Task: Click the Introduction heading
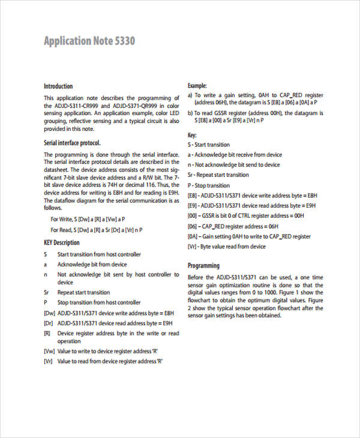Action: pyautogui.click(x=58, y=86)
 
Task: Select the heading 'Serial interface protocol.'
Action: pyautogui.click(x=72, y=143)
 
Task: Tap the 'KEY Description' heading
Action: pyautogui.click(x=61, y=242)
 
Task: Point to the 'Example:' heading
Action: pyautogui.click(x=197, y=86)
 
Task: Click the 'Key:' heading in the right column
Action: pyautogui.click(x=192, y=135)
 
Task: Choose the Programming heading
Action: pyautogui.click(x=204, y=265)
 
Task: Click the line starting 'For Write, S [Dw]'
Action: pyautogui.click(x=88, y=219)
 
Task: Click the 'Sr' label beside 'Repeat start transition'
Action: pyautogui.click(x=46, y=292)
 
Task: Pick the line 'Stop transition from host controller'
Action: pyautogui.click(x=98, y=302)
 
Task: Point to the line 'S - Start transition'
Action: pyautogui.click(x=209, y=145)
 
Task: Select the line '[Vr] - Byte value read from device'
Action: pyautogui.click(x=227, y=246)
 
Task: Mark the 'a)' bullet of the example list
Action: pyautogui.click(x=190, y=95)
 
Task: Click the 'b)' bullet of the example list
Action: pyautogui.click(x=190, y=113)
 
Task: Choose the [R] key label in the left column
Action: pyautogui.click(x=47, y=333)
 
